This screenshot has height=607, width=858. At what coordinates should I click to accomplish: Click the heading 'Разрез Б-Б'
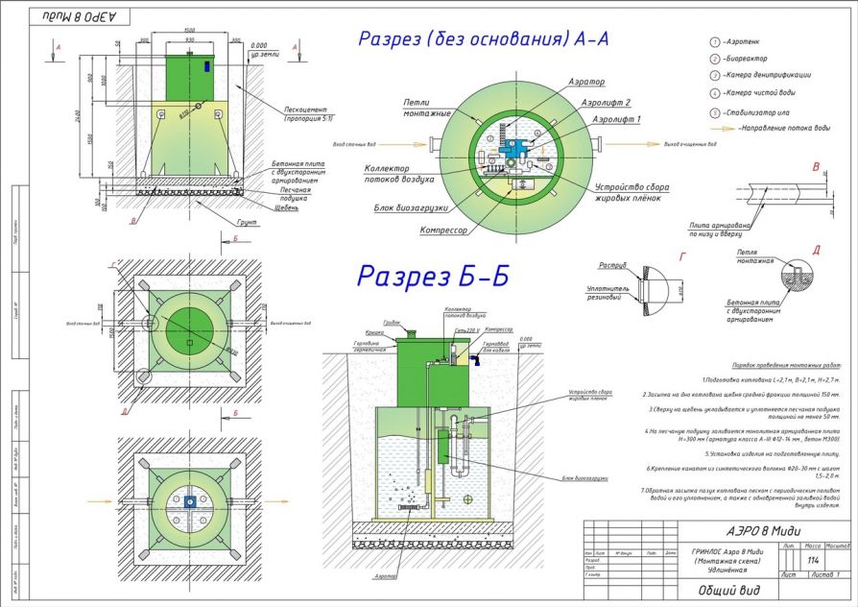coord(432,276)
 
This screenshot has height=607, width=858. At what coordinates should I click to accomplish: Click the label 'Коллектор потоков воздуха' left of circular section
coord(400,174)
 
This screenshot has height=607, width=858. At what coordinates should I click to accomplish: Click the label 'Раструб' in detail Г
coord(613,264)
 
